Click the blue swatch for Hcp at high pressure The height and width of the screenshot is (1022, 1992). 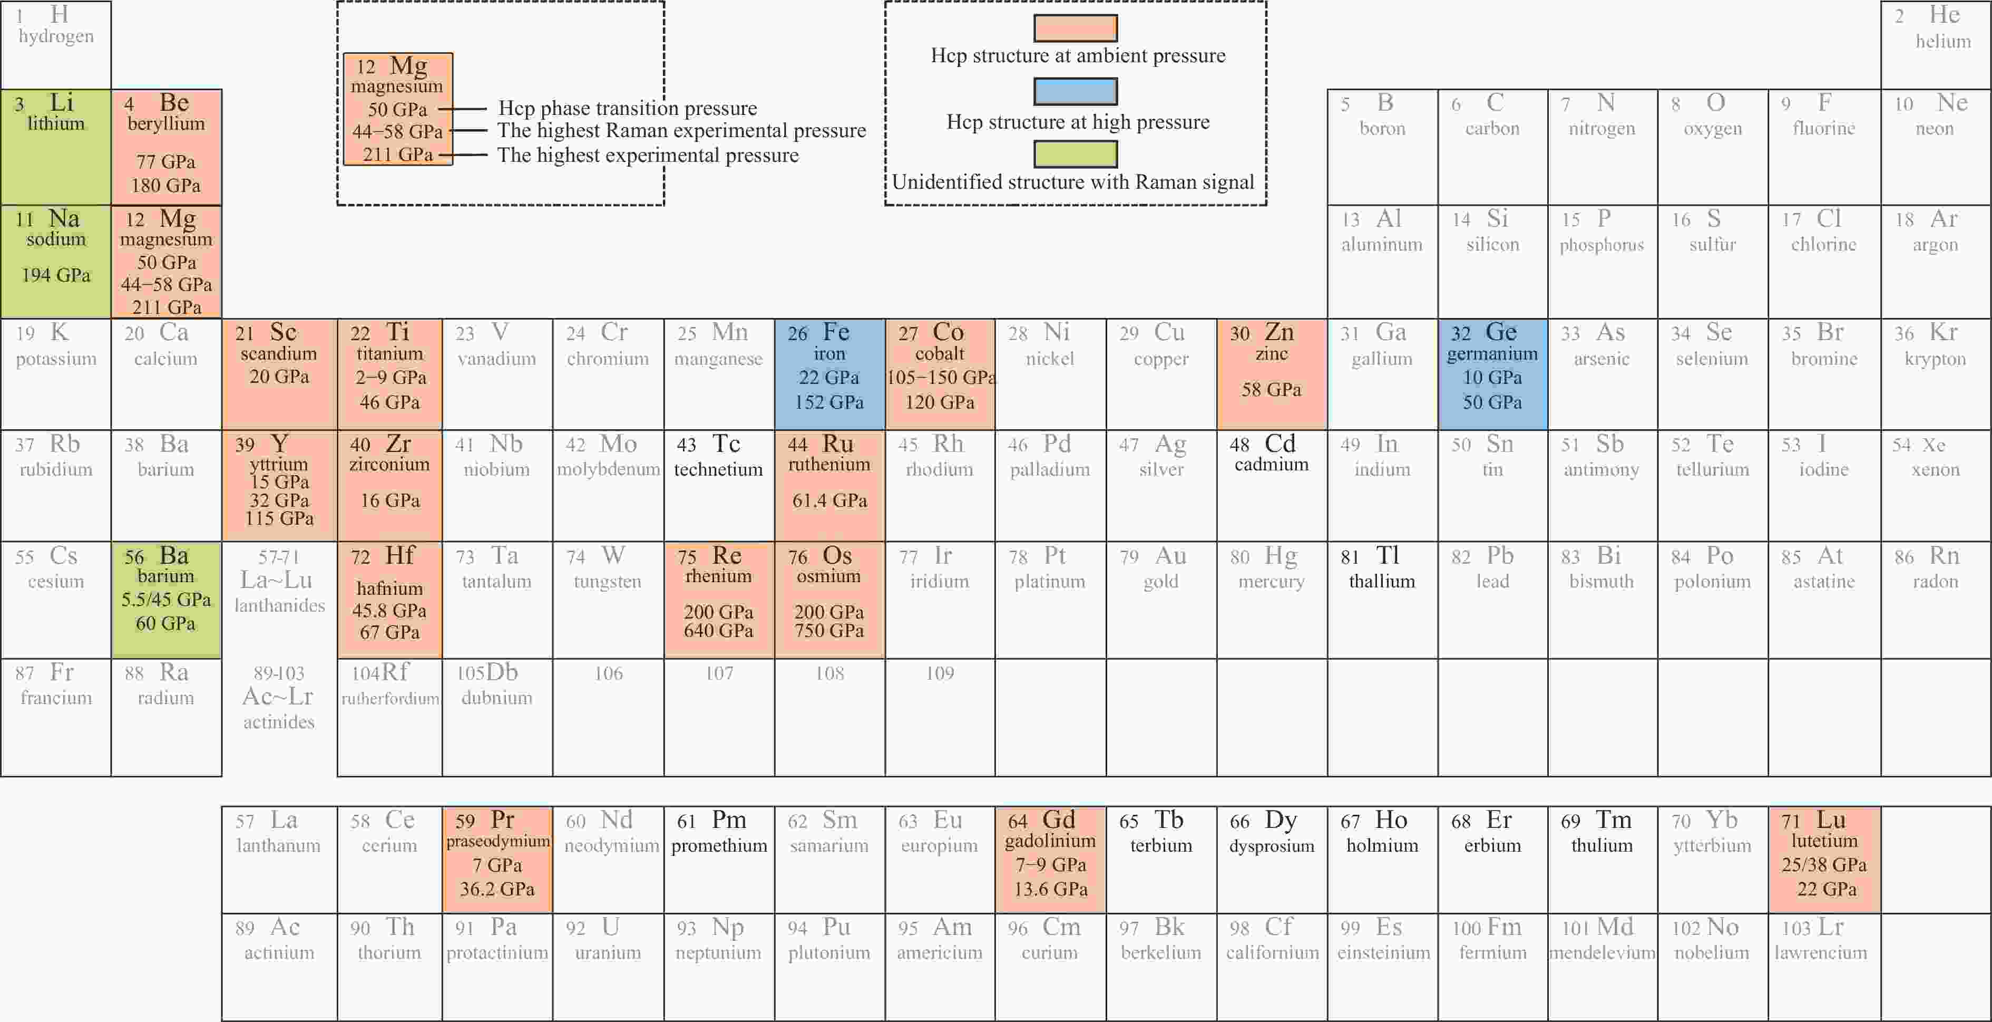click(x=1075, y=91)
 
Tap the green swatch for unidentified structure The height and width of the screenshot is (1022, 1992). click(x=1075, y=154)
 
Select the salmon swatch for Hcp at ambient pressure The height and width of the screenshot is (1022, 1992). click(x=1075, y=28)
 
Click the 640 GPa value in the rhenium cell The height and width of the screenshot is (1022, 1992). click(x=718, y=631)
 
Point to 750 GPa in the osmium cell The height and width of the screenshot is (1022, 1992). click(x=829, y=631)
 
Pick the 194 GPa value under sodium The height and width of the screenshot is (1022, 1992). click(x=56, y=275)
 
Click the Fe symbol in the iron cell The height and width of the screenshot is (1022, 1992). click(x=836, y=332)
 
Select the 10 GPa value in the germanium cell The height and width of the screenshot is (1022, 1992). click(x=1492, y=378)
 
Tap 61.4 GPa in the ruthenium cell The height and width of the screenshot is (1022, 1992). click(x=829, y=500)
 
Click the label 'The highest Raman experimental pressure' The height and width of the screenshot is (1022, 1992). click(x=681, y=131)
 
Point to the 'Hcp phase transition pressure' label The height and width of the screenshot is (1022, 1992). click(x=627, y=108)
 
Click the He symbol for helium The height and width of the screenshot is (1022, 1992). click(x=1944, y=15)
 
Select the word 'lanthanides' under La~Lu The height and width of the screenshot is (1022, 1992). click(x=279, y=606)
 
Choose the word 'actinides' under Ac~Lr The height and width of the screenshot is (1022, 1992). click(x=279, y=722)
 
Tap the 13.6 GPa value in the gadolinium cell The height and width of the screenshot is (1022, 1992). click(x=1050, y=890)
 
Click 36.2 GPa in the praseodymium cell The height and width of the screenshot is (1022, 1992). click(x=497, y=890)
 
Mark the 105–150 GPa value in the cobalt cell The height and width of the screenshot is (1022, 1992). click(x=940, y=378)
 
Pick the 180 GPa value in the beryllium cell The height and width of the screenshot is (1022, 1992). click(x=166, y=186)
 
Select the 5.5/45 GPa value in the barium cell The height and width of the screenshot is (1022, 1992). click(x=165, y=600)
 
